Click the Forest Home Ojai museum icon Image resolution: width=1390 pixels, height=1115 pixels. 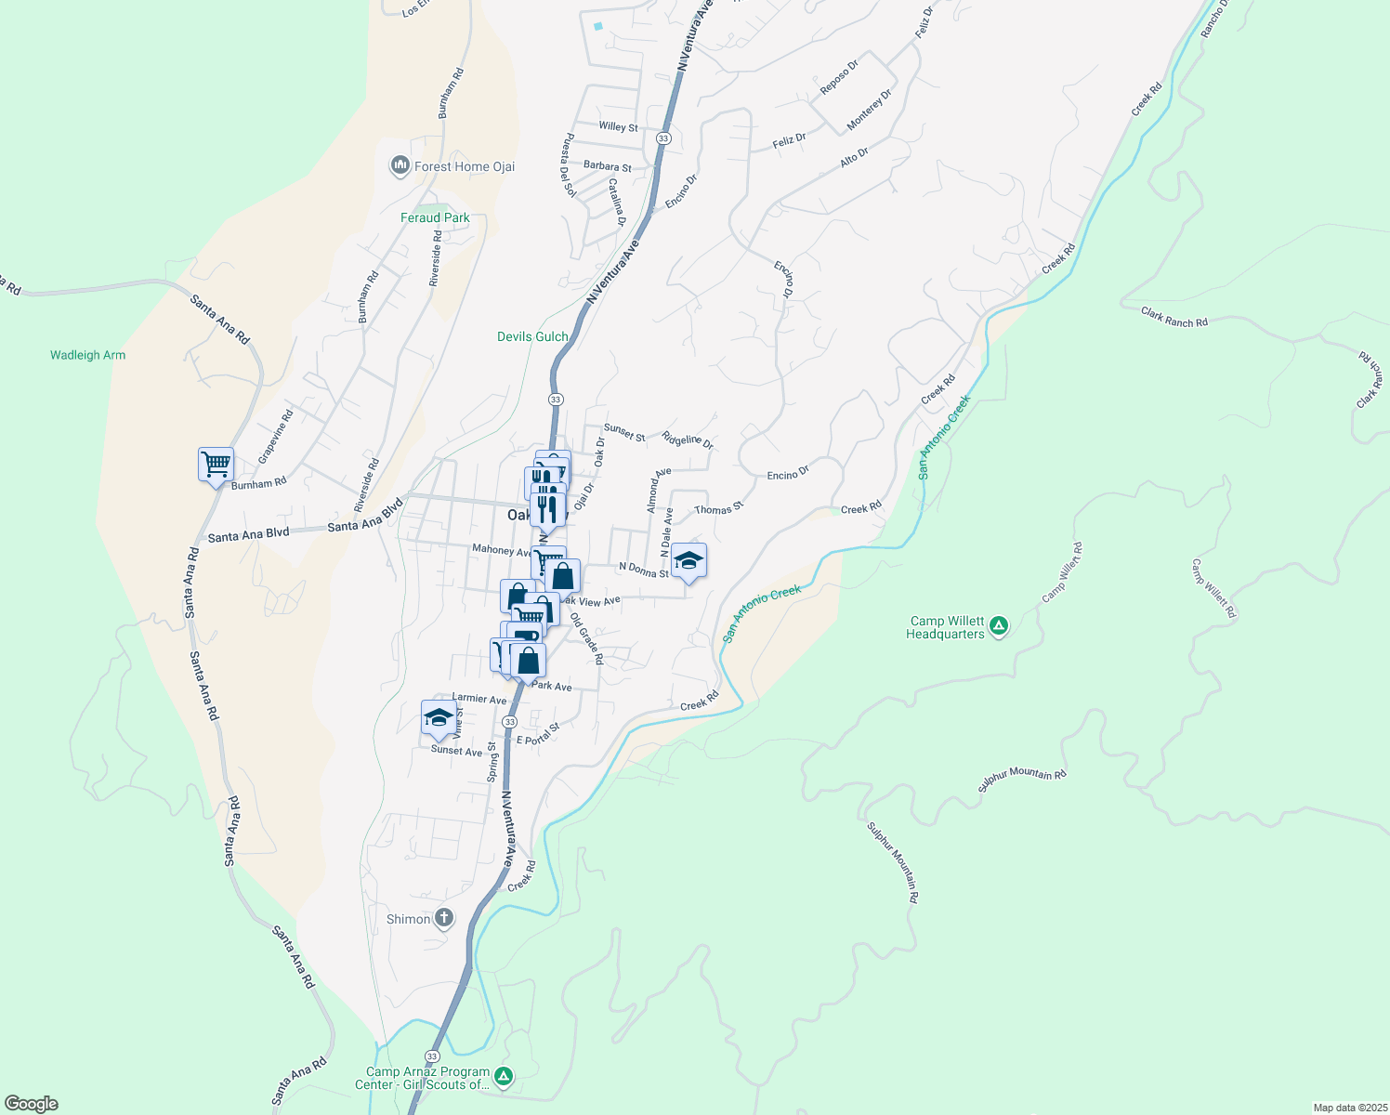click(400, 166)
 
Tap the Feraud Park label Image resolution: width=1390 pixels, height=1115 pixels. click(435, 218)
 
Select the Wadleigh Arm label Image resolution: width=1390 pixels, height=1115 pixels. click(87, 355)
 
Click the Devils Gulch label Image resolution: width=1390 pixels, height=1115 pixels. click(532, 336)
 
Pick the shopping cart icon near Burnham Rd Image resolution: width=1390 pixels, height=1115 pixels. click(216, 464)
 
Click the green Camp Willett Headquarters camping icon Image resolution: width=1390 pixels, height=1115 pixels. click(999, 626)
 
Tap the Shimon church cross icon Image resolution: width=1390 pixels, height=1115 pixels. click(444, 919)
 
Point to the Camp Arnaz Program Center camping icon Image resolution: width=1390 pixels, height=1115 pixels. click(504, 1077)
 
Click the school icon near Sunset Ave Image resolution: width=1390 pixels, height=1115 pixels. click(439, 717)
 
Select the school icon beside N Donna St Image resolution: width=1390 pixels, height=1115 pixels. click(688, 560)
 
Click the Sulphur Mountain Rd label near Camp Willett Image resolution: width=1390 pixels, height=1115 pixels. click(1022, 779)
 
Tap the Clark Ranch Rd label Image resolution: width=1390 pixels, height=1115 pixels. click(1174, 317)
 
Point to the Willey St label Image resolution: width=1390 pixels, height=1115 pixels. click(618, 126)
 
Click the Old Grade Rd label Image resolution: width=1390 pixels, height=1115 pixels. click(587, 638)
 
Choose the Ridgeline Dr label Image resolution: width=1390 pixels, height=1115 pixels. click(688, 439)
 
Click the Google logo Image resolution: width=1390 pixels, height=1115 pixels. click(32, 1104)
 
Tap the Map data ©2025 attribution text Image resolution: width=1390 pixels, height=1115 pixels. click(1349, 1108)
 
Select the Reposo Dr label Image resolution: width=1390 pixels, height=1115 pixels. click(839, 77)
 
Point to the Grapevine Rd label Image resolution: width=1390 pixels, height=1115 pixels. click(275, 436)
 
